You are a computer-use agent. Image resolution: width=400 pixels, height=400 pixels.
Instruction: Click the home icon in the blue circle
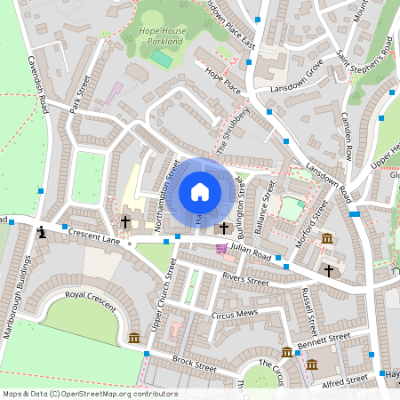point(200,192)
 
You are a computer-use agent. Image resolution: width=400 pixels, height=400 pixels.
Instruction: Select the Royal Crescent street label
point(91,300)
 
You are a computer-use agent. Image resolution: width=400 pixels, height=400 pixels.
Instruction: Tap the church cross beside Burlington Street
point(224,228)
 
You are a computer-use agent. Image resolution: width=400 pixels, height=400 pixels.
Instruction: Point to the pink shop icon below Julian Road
point(221,249)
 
